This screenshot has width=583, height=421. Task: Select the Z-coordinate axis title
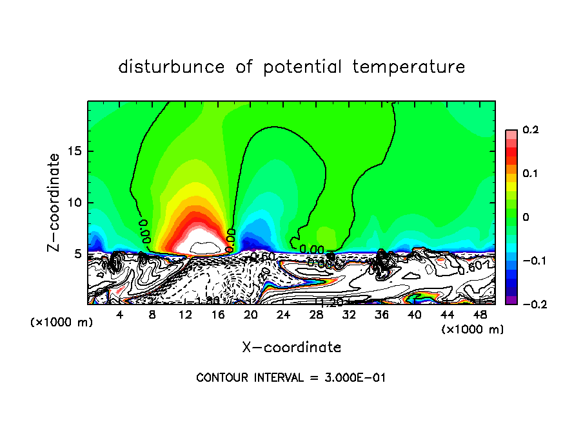point(55,202)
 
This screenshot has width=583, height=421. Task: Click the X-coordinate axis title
point(291,348)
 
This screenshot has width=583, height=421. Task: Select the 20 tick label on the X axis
point(250,315)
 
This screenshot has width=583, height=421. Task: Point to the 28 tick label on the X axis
point(316,315)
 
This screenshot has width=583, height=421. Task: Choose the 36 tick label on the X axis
point(381,315)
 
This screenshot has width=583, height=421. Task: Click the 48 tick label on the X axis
point(479,315)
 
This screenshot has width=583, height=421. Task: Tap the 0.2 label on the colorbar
point(529,130)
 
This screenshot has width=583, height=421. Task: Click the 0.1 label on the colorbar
point(529,174)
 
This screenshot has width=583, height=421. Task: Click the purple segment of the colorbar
point(511,301)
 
